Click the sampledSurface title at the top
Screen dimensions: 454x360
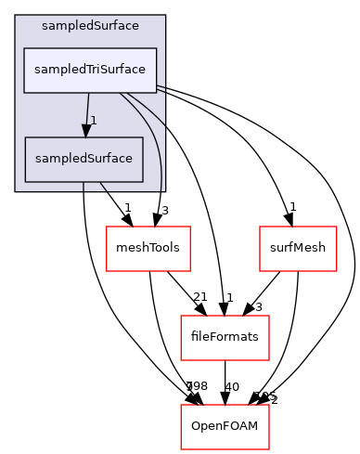90,25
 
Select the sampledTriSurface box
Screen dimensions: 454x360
90,70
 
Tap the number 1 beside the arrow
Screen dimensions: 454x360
94,121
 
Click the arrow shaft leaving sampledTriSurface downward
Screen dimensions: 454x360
87,107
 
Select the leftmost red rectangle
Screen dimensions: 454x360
148,249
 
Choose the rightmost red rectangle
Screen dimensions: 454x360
298,249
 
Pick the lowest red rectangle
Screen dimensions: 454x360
225,427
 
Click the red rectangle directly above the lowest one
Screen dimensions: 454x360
225,338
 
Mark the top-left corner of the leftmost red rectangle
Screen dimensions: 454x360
107,227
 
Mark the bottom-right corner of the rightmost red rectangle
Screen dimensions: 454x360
336,271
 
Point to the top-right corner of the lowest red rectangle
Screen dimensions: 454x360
269,406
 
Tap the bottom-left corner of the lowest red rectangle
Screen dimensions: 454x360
180,449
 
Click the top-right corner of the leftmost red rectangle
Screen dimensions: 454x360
190,227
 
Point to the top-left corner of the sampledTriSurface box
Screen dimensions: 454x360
24,47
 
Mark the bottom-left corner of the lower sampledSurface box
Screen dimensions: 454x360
24,181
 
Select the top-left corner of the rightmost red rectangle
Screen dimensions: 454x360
260,227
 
